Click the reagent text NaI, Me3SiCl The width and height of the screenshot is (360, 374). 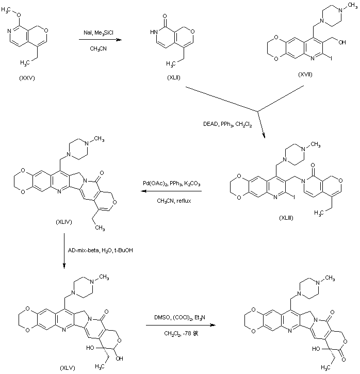coord(100,32)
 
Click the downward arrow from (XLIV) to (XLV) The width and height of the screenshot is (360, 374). coord(63,250)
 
